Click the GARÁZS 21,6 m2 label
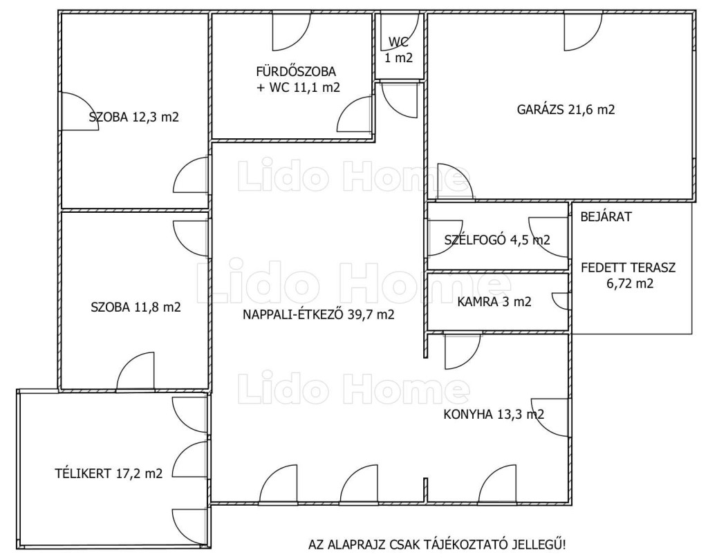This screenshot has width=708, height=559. (566, 110)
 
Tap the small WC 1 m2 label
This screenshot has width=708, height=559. (399, 50)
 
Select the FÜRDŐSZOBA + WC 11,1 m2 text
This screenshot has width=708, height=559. (297, 79)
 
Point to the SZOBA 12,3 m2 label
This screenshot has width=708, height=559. (134, 117)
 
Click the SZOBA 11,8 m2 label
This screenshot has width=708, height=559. (136, 307)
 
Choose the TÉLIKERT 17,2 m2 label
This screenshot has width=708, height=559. (109, 474)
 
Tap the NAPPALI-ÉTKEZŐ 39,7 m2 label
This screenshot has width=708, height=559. (318, 314)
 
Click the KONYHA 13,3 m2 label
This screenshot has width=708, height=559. (494, 414)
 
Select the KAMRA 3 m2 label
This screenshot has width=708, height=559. (494, 301)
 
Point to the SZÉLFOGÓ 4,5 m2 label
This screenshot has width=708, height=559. (497, 240)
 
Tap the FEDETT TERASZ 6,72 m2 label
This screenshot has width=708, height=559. (628, 275)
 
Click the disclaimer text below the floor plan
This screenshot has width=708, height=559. (437, 544)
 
